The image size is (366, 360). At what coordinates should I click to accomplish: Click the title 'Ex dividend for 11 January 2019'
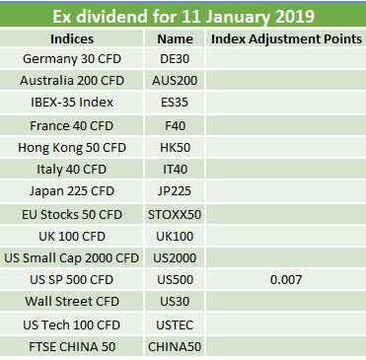point(183,16)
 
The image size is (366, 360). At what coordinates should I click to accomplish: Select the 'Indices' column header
point(72,39)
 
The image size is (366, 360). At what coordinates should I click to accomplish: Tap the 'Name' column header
point(175,39)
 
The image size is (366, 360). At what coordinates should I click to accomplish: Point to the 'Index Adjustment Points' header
point(286,39)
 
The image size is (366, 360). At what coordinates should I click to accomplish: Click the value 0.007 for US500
point(286,280)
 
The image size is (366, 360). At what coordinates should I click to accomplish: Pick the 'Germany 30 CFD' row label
point(72,59)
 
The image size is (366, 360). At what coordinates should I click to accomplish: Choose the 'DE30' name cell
point(175,59)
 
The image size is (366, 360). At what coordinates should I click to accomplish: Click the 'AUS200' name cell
point(175,81)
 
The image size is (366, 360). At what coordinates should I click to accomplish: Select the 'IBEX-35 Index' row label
point(72,103)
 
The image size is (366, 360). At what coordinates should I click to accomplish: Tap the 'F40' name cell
point(175,126)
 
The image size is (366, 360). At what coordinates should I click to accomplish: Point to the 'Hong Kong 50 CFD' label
point(72,148)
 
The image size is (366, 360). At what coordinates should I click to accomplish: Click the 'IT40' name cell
point(175,170)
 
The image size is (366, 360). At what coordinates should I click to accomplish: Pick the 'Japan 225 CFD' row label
point(72,191)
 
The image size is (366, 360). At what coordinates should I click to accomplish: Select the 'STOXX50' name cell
point(175,215)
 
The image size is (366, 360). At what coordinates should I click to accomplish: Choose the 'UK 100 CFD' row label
point(72,237)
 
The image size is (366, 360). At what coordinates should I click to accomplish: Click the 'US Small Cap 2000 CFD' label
point(72,258)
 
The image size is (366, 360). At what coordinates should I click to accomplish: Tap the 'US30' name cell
point(175,302)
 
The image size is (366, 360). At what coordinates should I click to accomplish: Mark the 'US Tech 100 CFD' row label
point(72,325)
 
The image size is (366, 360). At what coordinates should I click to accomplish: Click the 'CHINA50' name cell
point(175,347)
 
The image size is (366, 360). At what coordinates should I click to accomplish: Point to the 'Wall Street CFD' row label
point(72,302)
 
